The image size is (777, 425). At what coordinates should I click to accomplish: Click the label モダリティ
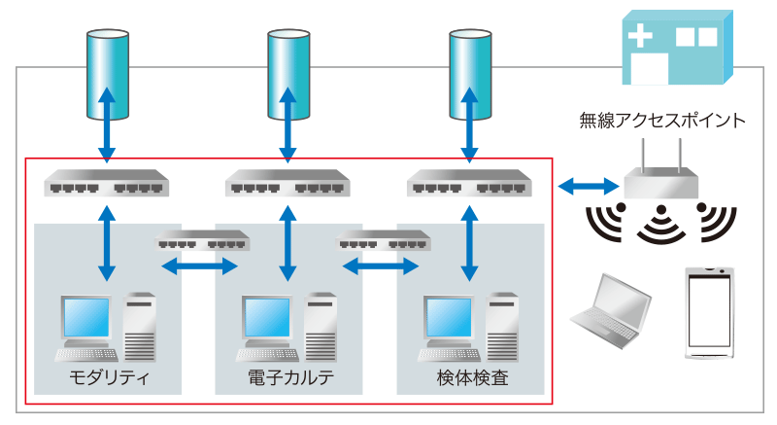tap(109, 378)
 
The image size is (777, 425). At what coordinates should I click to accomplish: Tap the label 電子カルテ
tap(290, 378)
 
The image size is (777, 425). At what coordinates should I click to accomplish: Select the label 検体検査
tap(472, 378)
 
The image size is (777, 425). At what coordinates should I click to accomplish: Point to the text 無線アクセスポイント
tap(662, 121)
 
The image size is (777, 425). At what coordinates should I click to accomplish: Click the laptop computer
tap(611, 310)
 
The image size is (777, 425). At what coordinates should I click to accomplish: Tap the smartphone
tap(709, 312)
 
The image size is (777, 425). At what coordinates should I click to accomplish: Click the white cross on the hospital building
tap(640, 36)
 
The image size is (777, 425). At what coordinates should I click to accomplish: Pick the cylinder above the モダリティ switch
tap(108, 74)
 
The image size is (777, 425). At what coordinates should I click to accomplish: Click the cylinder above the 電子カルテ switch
tap(288, 74)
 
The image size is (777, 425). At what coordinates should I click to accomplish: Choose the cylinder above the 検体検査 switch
tap(470, 74)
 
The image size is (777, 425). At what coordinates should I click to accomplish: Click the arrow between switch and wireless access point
tap(589, 187)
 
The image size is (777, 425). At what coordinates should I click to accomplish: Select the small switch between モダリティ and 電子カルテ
tap(202, 240)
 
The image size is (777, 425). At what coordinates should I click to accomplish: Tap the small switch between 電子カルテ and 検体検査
tap(383, 240)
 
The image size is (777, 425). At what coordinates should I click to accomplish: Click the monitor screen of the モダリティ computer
tap(86, 318)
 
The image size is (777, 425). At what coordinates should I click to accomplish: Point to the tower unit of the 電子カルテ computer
tap(321, 327)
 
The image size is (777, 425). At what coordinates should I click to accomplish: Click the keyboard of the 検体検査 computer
tap(449, 355)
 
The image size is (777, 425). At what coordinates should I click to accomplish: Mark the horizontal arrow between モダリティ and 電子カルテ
tap(200, 266)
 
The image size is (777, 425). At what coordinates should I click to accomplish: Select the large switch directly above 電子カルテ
tap(287, 183)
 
